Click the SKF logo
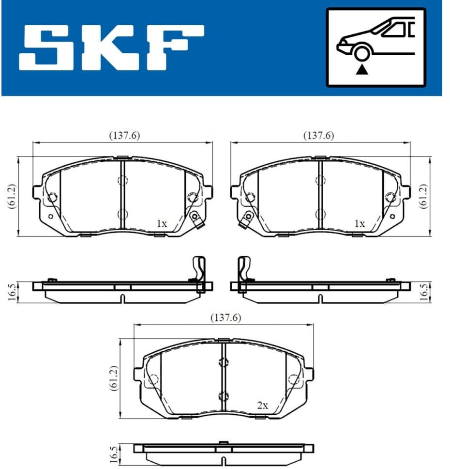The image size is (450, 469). (111, 48)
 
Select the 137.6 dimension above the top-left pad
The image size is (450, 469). (124, 136)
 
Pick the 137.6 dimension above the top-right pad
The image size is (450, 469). (318, 136)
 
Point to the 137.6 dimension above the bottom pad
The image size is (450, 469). (225, 317)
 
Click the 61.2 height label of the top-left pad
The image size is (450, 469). (12, 196)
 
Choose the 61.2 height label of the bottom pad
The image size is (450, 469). (114, 378)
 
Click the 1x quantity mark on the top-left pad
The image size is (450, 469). (162, 224)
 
